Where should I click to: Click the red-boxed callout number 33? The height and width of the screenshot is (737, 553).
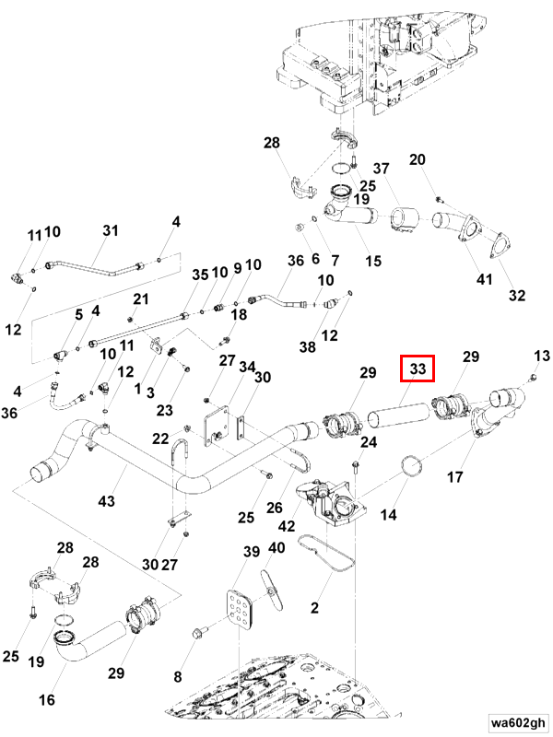(x=418, y=368)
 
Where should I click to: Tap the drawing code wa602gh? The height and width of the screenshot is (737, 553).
(x=518, y=722)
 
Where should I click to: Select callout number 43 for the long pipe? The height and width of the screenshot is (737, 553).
(x=106, y=500)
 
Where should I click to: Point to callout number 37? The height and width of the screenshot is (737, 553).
(x=382, y=169)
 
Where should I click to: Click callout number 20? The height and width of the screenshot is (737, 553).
(x=417, y=159)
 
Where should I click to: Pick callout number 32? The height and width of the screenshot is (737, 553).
(x=517, y=295)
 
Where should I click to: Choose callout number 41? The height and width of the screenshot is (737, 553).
(x=485, y=279)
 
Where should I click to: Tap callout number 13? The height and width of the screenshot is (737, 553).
(x=542, y=356)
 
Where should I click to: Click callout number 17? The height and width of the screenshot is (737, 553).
(x=454, y=477)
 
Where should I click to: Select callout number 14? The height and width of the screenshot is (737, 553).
(x=388, y=515)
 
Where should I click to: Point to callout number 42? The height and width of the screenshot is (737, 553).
(x=287, y=525)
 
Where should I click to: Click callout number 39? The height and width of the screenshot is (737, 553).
(x=252, y=551)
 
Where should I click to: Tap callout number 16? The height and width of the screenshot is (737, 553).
(x=47, y=700)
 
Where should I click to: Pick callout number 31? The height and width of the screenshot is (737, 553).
(x=111, y=230)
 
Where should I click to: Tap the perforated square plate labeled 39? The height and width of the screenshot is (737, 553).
(x=241, y=609)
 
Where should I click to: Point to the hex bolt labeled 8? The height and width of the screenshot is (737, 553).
(x=198, y=632)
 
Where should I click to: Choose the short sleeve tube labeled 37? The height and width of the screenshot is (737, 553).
(x=405, y=220)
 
